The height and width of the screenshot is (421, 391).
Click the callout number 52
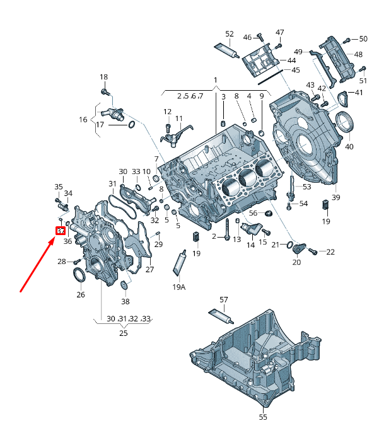click(x=230, y=34)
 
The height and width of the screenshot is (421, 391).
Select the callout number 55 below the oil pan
click(x=263, y=417)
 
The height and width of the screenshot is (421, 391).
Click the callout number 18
click(x=104, y=78)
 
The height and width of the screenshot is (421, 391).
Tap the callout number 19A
click(x=179, y=287)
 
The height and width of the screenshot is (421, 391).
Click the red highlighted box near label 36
click(x=61, y=231)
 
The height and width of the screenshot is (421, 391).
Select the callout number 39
click(x=336, y=197)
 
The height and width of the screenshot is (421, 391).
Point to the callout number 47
click(x=280, y=32)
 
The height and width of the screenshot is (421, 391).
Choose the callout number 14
click(x=250, y=245)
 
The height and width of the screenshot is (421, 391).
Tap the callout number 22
click(x=330, y=252)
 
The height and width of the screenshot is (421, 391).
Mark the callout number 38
click(x=125, y=302)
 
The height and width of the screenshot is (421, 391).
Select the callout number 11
click(x=179, y=118)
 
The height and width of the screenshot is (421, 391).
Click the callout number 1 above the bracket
click(x=215, y=80)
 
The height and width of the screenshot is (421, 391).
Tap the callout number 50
click(x=363, y=39)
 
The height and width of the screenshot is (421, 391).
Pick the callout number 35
click(x=59, y=187)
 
